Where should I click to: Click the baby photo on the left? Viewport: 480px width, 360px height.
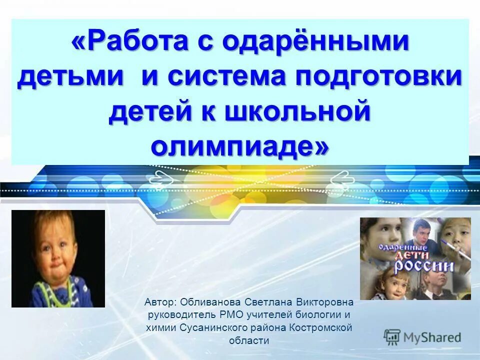point(58,258)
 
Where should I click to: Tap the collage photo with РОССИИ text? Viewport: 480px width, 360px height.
point(415,258)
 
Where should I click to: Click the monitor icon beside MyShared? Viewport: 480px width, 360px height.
point(392,336)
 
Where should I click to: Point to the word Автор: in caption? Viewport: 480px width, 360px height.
point(159,302)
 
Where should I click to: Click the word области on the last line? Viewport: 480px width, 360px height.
point(249,340)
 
